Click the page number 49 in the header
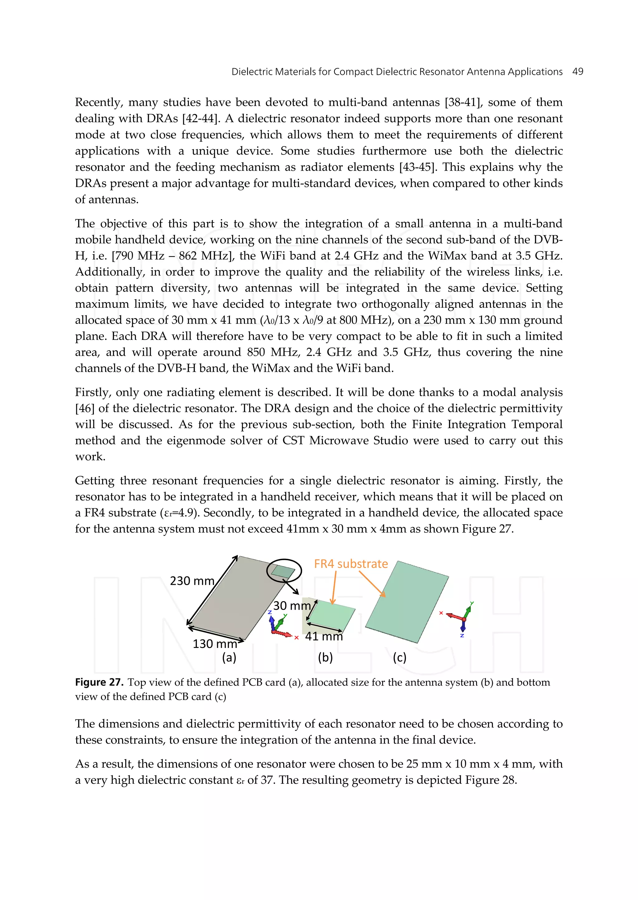[x=578, y=72]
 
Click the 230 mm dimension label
[x=192, y=581]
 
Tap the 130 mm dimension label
[x=215, y=644]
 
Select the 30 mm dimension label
[x=292, y=605]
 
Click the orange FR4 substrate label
[x=351, y=564]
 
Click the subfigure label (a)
[x=229, y=657]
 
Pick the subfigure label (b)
[x=325, y=657]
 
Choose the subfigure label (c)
[x=400, y=657]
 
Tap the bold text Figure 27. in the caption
[x=99, y=682]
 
